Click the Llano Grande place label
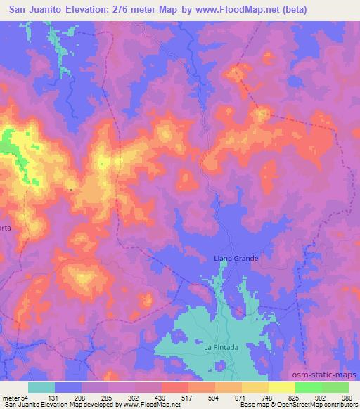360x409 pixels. [236, 259]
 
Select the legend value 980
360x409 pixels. [345, 398]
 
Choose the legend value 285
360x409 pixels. [108, 398]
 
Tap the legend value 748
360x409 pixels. [267, 398]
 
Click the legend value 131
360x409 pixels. [55, 398]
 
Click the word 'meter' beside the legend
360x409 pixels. [11, 398]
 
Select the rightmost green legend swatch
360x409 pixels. [335, 387]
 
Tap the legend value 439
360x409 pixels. [161, 398]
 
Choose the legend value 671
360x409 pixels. [240, 398]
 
